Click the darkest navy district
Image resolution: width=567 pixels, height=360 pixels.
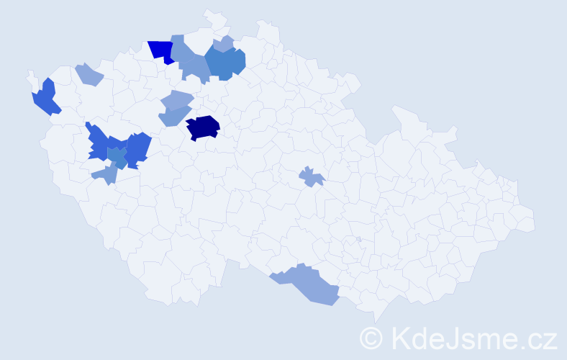click(x=203, y=127)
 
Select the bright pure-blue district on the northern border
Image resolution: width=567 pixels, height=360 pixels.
click(x=162, y=50)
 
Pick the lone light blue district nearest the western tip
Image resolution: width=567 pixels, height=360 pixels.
click(x=89, y=73)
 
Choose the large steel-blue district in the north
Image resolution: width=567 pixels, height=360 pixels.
click(x=225, y=63)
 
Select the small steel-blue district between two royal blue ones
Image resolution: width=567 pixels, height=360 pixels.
click(x=117, y=156)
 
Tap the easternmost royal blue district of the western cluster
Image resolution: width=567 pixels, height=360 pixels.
click(x=138, y=149)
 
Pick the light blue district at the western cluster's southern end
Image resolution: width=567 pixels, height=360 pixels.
click(x=106, y=174)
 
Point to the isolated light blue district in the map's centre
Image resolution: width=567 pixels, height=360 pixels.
click(x=311, y=176)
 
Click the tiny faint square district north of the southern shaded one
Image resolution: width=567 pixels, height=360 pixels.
click(x=358, y=239)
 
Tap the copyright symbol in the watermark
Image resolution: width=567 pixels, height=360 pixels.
click(x=371, y=337)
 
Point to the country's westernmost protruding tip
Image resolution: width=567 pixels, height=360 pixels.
click(x=30, y=73)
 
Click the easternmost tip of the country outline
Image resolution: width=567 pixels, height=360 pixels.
click(x=535, y=222)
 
